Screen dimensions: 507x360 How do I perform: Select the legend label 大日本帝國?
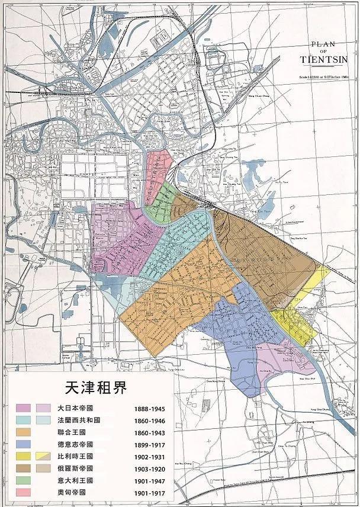coord(76,408)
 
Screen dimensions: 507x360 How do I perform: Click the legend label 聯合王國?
coord(73,432)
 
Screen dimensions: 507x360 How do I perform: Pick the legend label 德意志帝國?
coord(76,444)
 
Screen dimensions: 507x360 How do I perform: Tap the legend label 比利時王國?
coord(76,456)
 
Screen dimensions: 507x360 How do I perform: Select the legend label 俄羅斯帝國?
coord(76,468)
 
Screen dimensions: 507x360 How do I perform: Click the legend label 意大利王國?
coord(76,480)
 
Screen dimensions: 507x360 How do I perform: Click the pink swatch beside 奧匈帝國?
coord(24,492)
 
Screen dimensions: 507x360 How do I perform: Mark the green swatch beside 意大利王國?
coord(24,480)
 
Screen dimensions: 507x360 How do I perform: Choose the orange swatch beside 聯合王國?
coord(24,432)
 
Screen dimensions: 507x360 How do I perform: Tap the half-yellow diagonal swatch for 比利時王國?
coord(43,456)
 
